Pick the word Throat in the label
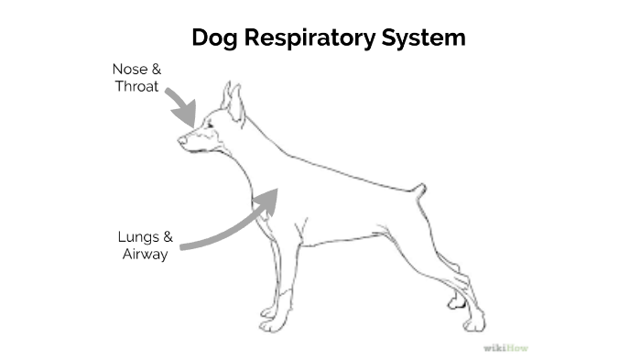(x=136, y=87)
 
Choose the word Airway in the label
(x=146, y=255)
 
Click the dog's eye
(x=209, y=125)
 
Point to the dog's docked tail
(x=419, y=191)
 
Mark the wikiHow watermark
(x=506, y=348)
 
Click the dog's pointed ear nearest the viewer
(x=236, y=104)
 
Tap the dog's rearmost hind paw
(x=474, y=323)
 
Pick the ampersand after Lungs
(x=168, y=237)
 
